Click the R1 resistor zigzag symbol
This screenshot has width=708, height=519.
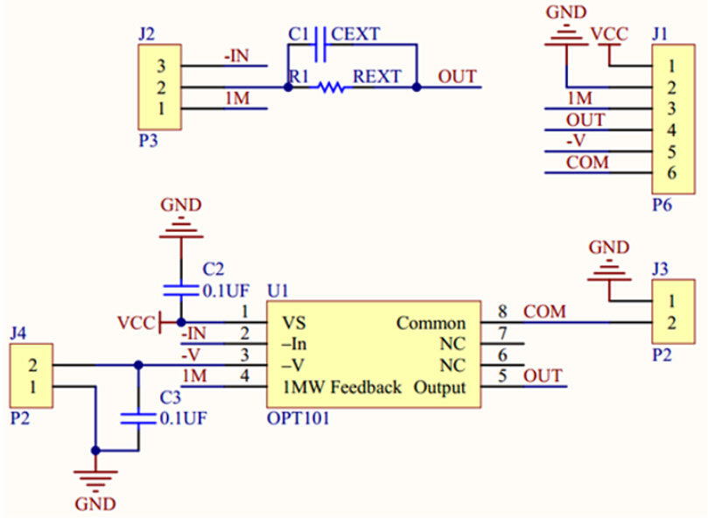tap(331, 88)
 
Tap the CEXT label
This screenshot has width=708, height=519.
tap(356, 35)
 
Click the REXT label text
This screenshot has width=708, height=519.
tap(376, 77)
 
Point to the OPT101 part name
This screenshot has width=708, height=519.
tap(298, 417)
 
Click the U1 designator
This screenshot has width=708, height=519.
tap(277, 290)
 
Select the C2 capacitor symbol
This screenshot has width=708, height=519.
tap(180, 288)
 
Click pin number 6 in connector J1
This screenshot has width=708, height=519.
tap(671, 172)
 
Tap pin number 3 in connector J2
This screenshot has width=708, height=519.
tap(161, 66)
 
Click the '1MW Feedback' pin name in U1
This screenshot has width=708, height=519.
tap(341, 387)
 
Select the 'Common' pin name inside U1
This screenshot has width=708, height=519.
tap(431, 323)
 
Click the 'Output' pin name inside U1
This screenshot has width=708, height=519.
tap(439, 387)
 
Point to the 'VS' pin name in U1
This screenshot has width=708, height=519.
tap(294, 323)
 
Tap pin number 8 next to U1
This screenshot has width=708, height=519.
tap(502, 311)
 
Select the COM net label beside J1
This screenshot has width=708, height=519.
tap(587, 163)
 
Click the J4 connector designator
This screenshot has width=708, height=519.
tap(18, 333)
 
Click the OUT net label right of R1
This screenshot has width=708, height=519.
tap(457, 77)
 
